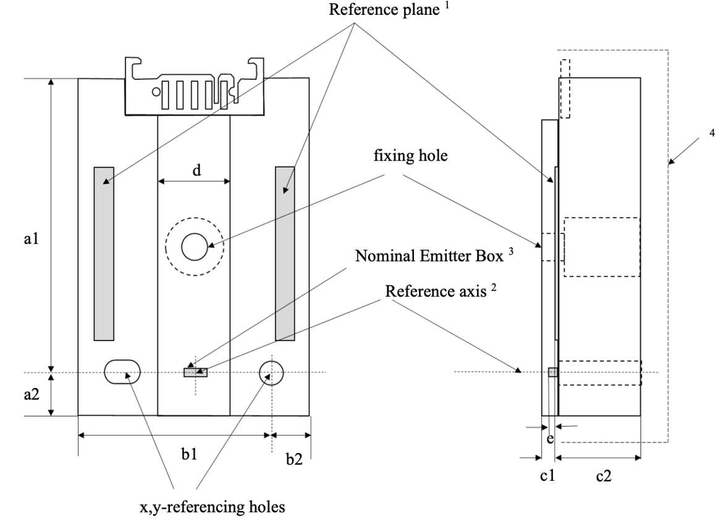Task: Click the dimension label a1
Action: [x=31, y=239]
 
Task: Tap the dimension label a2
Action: [x=31, y=395]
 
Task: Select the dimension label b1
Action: [x=189, y=454]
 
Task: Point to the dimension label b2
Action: [x=294, y=459]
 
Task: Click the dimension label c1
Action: [x=547, y=475]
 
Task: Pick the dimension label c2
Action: [x=604, y=476]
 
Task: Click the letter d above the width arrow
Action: [x=196, y=171]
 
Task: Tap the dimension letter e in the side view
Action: [x=550, y=438]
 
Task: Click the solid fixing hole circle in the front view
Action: [x=195, y=247]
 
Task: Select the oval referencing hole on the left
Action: [x=122, y=371]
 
